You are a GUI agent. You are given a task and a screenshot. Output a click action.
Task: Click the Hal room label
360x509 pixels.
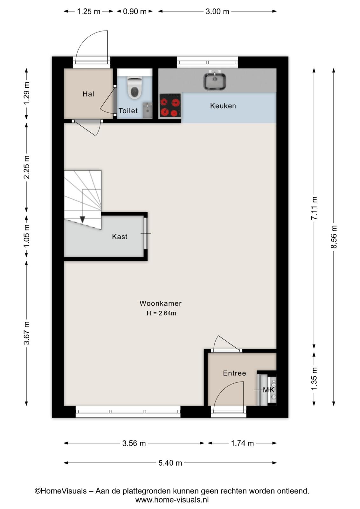coord(88,94)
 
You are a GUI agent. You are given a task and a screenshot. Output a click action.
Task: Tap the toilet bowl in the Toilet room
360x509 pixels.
coord(135,88)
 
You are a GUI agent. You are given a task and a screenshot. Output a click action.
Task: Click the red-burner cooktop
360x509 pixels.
coord(170,105)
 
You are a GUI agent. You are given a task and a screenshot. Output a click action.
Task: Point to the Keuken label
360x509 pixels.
coord(223,106)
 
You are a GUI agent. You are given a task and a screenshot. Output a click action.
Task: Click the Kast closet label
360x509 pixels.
coord(120,237)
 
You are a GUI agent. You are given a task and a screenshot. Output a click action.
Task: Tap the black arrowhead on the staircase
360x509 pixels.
coord(82,220)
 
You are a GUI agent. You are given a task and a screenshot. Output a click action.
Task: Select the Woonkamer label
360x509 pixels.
coord(160,303)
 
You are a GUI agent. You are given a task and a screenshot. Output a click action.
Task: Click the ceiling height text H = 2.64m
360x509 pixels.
coord(161,313)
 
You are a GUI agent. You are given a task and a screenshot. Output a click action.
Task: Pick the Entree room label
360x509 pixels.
coord(234,373)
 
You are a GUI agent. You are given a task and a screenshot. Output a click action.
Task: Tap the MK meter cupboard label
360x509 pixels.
coord(269,390)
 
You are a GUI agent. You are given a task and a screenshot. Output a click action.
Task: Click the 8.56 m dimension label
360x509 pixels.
coord(334,237)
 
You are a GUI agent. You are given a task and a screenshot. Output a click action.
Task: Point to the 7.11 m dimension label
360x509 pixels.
coord(314,208)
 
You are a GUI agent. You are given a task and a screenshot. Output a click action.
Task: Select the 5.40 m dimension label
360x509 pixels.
coord(170,463)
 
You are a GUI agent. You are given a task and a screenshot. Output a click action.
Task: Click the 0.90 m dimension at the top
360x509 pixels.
coord(135,11)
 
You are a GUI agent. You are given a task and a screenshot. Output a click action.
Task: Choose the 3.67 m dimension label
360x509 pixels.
coord(27,333)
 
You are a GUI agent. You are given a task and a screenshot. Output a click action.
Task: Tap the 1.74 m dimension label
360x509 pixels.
coord(242,443)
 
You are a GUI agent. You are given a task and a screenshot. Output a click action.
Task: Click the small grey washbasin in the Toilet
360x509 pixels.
coord(147,110)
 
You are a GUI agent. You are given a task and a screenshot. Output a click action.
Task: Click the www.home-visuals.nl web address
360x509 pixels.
coord(172,500)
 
